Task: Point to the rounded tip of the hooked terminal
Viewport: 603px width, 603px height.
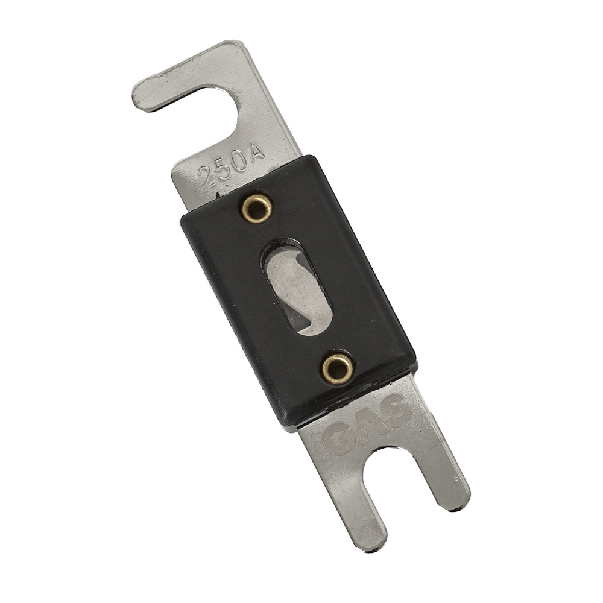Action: click(144, 100)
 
